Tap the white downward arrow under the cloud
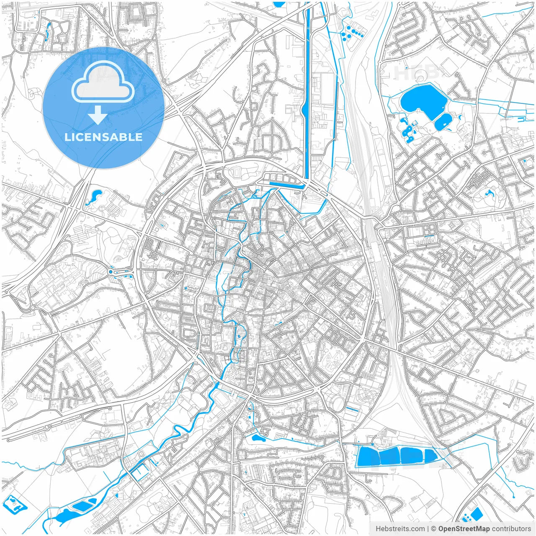(98, 115)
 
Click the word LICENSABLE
(103, 137)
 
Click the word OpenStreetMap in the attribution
(464, 529)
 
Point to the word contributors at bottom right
(511, 529)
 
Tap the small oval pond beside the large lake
(443, 121)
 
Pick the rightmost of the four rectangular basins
(430, 456)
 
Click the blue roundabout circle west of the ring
(111, 272)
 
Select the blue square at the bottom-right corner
(476, 513)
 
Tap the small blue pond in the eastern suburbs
(488, 193)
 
